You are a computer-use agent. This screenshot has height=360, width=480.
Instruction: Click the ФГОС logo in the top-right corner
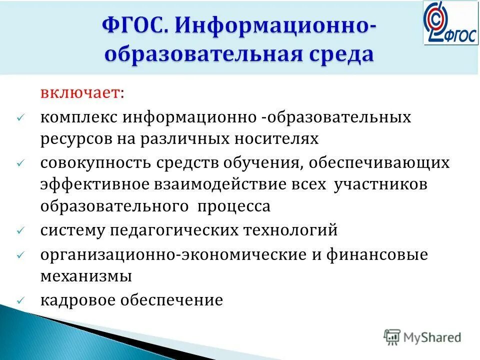coord(450,22)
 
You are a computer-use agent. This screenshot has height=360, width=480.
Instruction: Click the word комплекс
coord(79,118)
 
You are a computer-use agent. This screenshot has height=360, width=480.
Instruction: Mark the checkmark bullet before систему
coord(20,231)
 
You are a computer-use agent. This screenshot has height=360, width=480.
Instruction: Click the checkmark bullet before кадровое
coord(20,300)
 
